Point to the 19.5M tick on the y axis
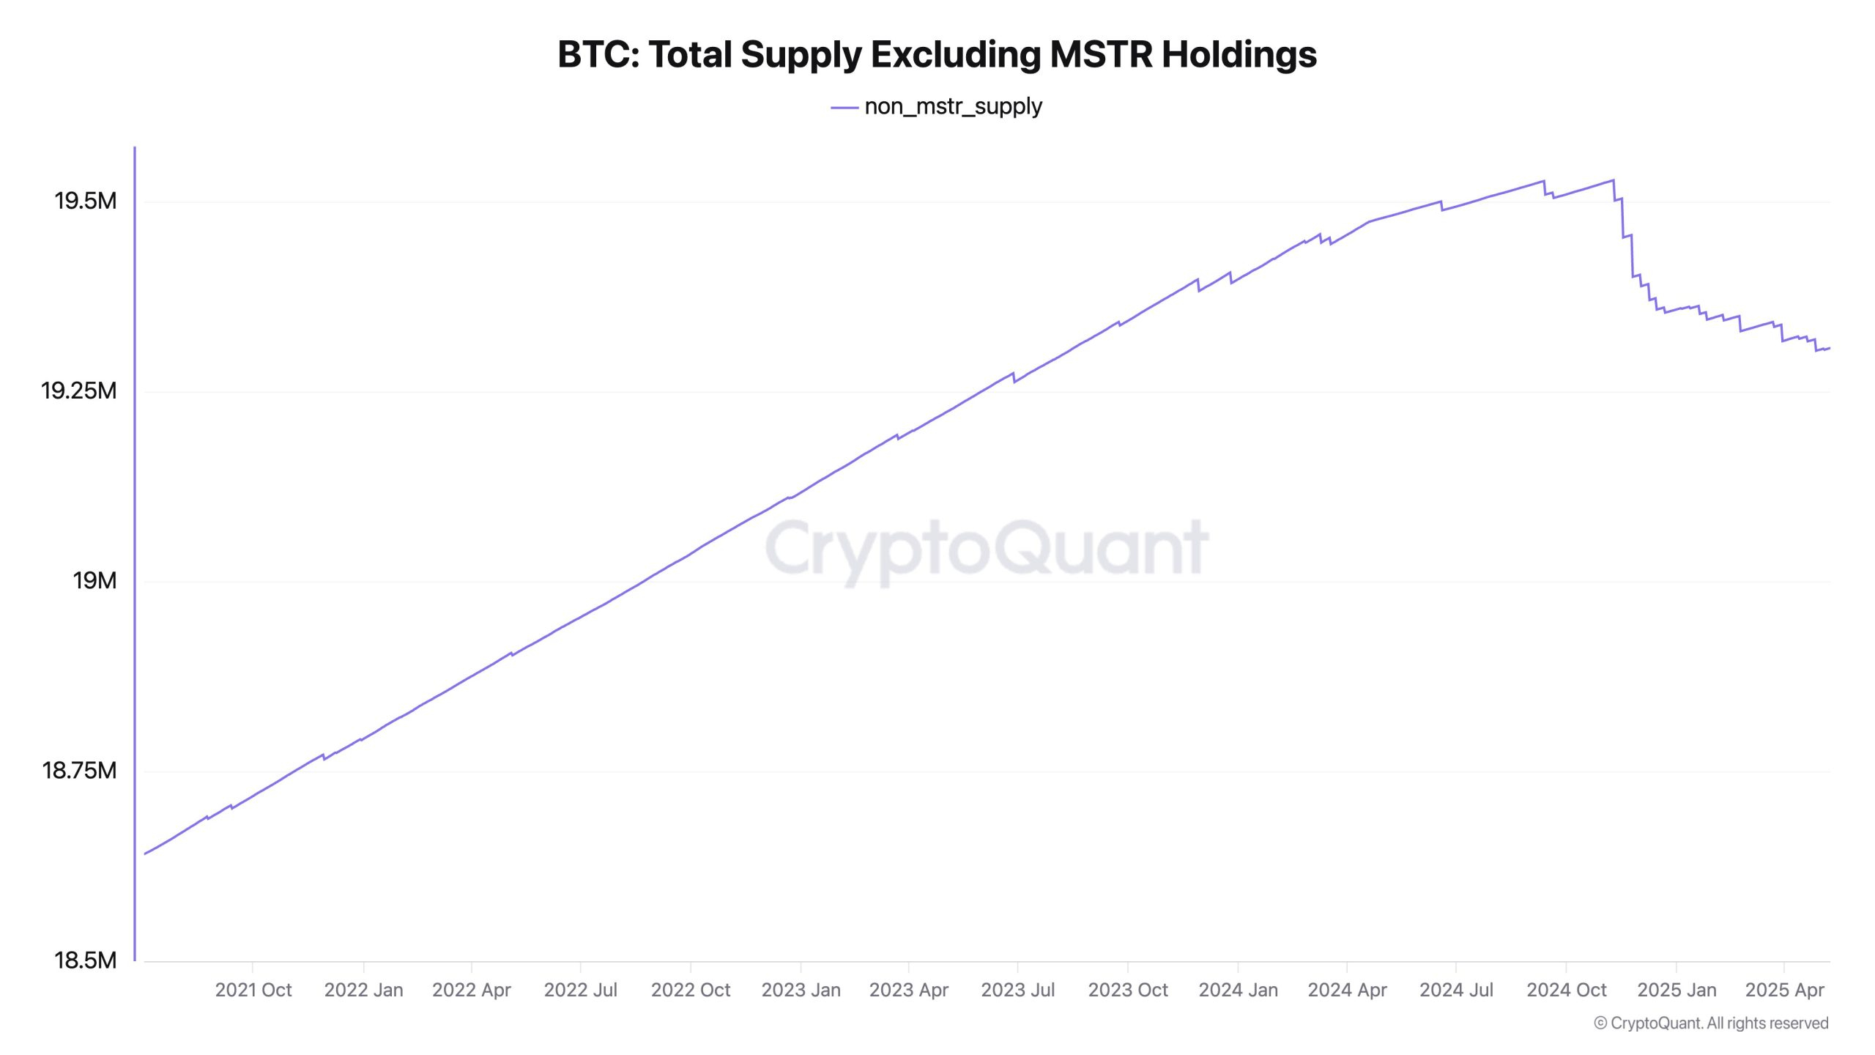pyautogui.click(x=86, y=201)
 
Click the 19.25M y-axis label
pyautogui.click(x=78, y=390)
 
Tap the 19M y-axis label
pyautogui.click(x=94, y=580)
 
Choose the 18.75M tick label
pyautogui.click(x=79, y=770)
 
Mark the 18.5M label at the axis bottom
pyautogui.click(x=85, y=960)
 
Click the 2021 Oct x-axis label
pyautogui.click(x=253, y=990)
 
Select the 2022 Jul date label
pyautogui.click(x=580, y=990)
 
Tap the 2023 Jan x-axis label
pyautogui.click(x=801, y=990)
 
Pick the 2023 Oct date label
pyautogui.click(x=1128, y=990)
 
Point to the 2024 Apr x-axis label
pyautogui.click(x=1347, y=990)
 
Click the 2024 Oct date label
pyautogui.click(x=1566, y=990)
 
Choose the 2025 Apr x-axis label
pyautogui.click(x=1784, y=990)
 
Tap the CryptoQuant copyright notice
pyautogui.click(x=1711, y=1023)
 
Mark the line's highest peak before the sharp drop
pyautogui.click(x=1612, y=180)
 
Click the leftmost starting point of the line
pyautogui.click(x=145, y=854)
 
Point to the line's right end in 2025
pyautogui.click(x=1829, y=348)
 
